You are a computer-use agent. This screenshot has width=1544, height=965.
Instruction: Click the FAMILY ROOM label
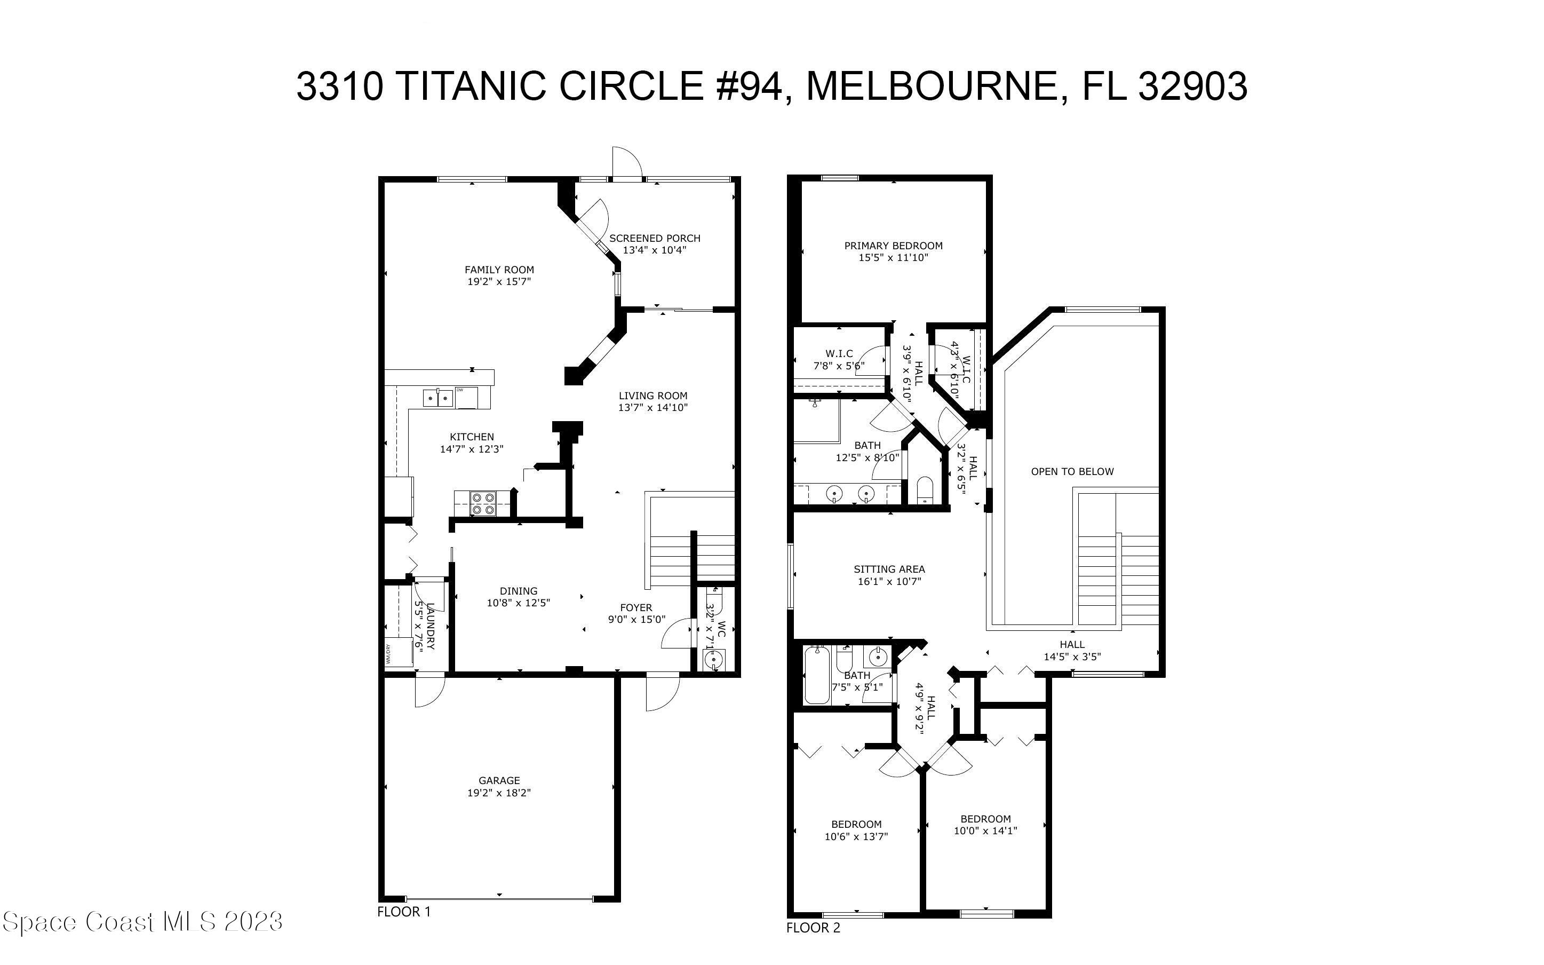click(499, 270)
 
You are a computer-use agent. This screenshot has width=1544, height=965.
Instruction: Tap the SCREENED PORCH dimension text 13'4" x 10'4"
click(654, 250)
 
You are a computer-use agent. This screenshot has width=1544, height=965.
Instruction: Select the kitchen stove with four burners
click(483, 503)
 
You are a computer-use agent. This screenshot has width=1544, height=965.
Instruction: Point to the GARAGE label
click(499, 780)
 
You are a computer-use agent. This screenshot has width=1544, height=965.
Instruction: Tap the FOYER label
click(636, 607)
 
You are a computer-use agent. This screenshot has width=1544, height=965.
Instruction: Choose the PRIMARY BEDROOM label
click(893, 246)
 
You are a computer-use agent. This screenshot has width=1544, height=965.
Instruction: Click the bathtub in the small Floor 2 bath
click(816, 675)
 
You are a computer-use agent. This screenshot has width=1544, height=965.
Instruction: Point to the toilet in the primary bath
click(924, 490)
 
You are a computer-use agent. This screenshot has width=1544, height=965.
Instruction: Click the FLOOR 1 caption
click(404, 912)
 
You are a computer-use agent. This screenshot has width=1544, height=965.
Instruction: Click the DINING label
click(518, 591)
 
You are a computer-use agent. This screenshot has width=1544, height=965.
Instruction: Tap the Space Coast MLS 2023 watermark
click(141, 922)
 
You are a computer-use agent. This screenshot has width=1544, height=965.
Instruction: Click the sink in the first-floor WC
click(713, 659)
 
